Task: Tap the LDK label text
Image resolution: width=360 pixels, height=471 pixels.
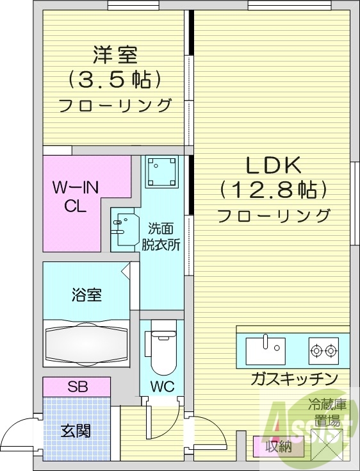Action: [x=274, y=165]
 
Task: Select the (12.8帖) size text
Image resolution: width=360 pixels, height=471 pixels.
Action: [x=274, y=190]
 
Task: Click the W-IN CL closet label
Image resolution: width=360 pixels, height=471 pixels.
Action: [x=74, y=197]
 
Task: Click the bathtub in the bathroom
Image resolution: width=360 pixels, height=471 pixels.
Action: [x=86, y=343]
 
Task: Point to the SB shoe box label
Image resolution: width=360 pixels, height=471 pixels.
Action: [x=77, y=386]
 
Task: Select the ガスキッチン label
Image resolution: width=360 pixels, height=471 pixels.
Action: [x=294, y=379]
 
